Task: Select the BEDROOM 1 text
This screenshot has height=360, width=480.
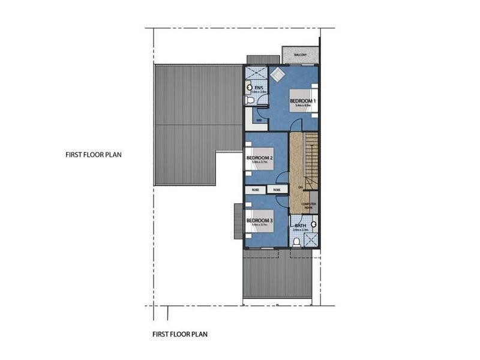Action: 301,101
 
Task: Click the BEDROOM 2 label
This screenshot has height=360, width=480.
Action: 259,158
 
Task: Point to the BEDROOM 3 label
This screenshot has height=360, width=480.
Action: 259,220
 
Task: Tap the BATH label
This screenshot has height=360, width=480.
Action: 300,226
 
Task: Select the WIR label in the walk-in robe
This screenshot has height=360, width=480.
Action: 259,120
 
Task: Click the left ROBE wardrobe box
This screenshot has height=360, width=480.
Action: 255,190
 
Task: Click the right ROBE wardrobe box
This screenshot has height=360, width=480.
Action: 277,190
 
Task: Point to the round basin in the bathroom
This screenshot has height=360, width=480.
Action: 313,225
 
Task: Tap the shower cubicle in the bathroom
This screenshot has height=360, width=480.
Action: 311,239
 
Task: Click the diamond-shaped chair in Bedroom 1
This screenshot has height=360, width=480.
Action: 277,75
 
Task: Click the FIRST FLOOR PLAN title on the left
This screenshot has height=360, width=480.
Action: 94,154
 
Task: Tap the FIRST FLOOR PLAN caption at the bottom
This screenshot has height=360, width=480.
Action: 180,334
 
